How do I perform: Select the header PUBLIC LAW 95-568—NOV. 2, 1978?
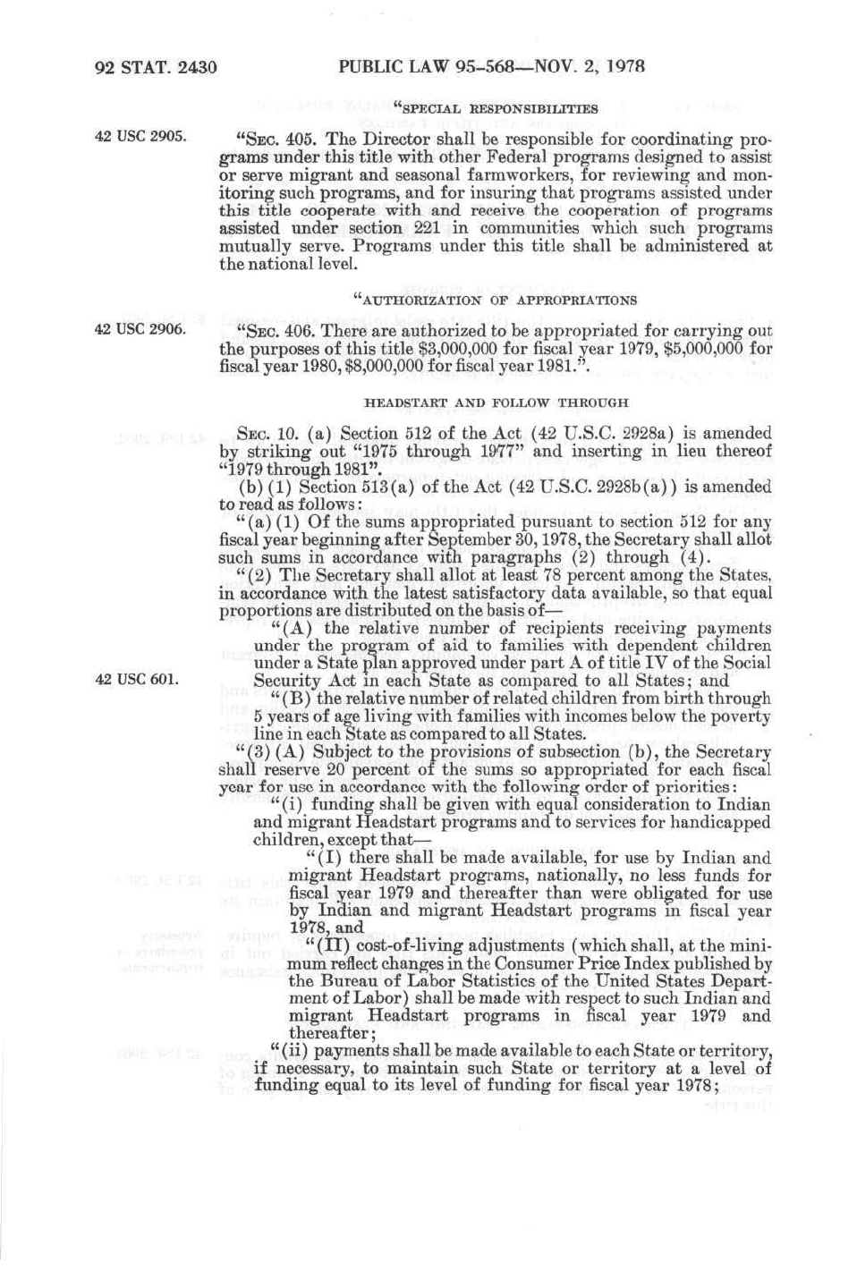click(x=492, y=66)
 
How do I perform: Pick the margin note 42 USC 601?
click(x=136, y=679)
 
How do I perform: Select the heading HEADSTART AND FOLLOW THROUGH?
click(x=496, y=402)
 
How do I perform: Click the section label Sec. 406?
click(x=279, y=332)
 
